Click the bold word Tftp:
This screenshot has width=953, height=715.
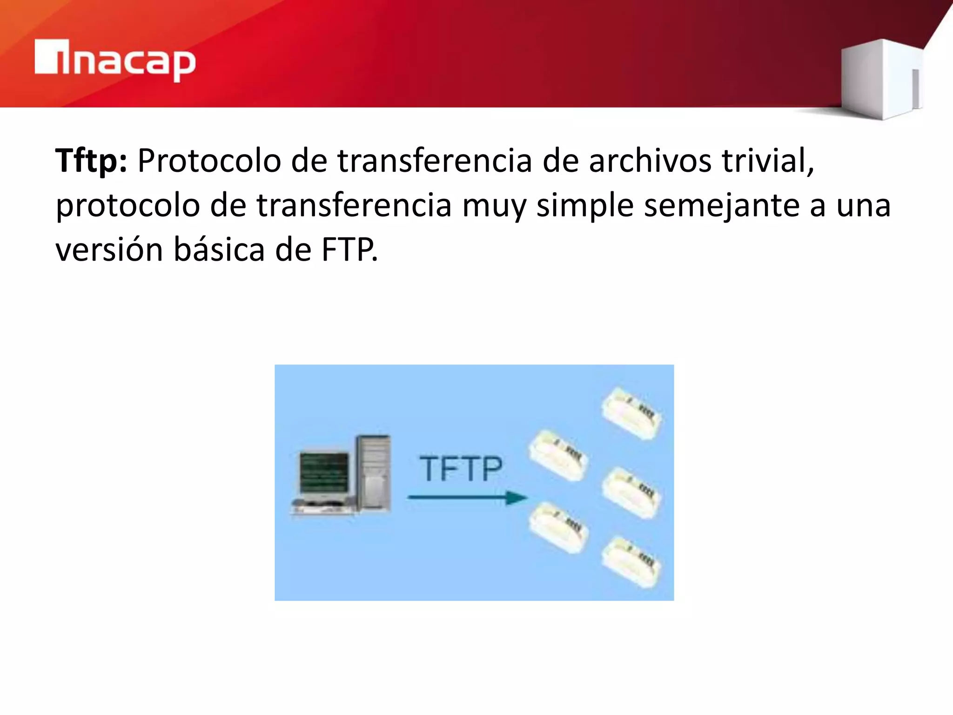click(91, 161)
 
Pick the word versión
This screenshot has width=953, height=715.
click(109, 250)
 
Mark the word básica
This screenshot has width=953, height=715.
click(219, 250)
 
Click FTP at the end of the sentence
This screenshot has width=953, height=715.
click(349, 250)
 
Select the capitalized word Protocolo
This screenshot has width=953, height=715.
click(209, 161)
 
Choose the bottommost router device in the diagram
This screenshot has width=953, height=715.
click(631, 562)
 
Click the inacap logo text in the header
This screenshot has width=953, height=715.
click(126, 61)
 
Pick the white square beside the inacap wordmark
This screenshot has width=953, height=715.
click(46, 57)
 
